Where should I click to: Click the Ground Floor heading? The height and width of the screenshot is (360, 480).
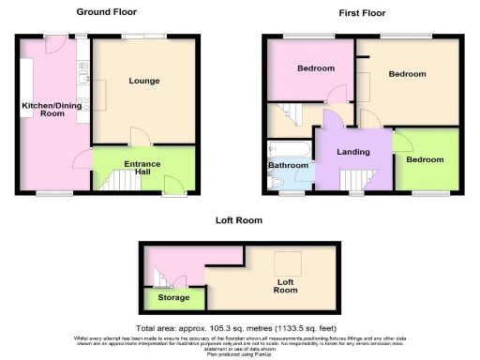click(x=108, y=13)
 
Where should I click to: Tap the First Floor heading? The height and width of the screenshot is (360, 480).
click(x=362, y=13)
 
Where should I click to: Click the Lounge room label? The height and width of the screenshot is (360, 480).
click(x=144, y=81)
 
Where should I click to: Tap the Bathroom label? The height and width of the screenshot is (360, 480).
click(x=289, y=166)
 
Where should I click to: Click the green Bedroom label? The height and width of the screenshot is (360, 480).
click(x=425, y=159)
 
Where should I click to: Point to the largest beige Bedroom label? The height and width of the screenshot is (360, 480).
click(x=407, y=74)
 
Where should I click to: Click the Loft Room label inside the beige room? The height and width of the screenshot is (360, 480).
click(x=285, y=285)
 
